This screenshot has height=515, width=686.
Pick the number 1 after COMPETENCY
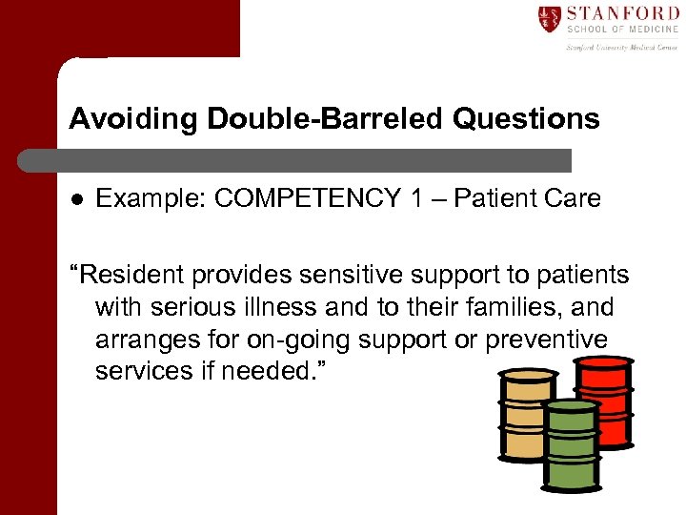[x=418, y=198]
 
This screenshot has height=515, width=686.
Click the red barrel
[x=604, y=401]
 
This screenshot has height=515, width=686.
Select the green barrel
[x=572, y=443]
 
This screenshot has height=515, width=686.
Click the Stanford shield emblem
[x=549, y=18]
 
